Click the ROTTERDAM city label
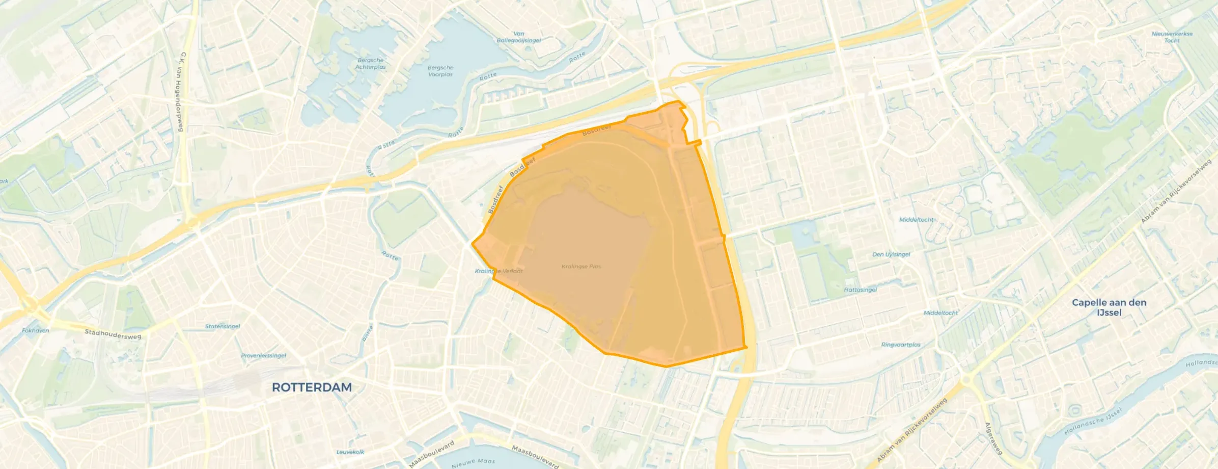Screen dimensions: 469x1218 312,387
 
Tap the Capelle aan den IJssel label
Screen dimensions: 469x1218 1109,307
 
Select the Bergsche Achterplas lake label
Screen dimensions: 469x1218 371,64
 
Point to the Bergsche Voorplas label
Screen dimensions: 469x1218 440,71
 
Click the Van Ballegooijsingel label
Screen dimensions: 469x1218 519,37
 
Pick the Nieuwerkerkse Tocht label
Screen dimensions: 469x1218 1172,37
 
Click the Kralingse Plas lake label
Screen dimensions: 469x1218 581,267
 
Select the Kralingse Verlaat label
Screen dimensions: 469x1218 499,271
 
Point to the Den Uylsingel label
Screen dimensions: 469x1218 891,254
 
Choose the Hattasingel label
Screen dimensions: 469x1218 860,290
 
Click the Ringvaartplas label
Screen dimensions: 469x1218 901,345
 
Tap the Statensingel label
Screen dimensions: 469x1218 223,326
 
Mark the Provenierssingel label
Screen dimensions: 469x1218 263,356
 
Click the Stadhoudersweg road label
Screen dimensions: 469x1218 113,334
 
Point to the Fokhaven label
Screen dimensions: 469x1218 36,331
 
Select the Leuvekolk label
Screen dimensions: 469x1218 350,452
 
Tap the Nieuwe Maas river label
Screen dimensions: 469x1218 473,462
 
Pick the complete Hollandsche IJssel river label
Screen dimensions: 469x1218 1093,422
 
